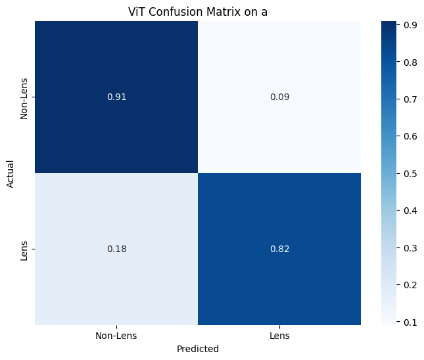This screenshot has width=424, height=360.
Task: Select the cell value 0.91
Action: (116, 97)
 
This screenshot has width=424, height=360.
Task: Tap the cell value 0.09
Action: (279, 97)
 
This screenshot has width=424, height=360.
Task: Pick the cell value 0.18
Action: (116, 249)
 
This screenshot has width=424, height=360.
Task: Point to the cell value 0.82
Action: (279, 249)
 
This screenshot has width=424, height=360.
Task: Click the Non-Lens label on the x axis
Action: (116, 336)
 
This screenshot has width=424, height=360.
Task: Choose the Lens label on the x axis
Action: (279, 336)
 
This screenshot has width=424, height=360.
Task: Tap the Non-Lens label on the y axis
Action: (24, 97)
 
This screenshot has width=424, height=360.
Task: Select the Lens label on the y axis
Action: (24, 249)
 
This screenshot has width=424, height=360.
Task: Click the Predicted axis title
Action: (198, 349)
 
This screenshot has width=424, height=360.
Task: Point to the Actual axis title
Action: (11, 173)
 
